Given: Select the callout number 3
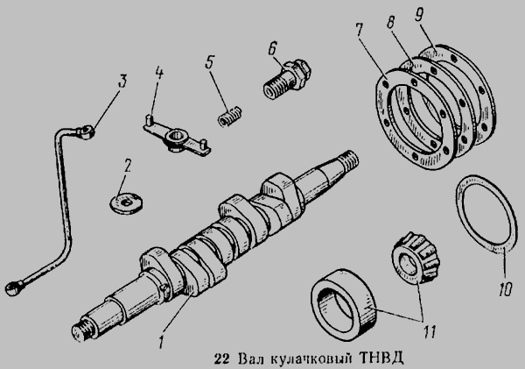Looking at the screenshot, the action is pyautogui.click(x=122, y=82).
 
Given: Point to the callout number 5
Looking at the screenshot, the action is pyautogui.click(x=209, y=61).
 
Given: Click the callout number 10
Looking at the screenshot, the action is pyautogui.click(x=505, y=288).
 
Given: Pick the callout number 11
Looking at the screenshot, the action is pyautogui.click(x=430, y=332).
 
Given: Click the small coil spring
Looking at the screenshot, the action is pyautogui.click(x=229, y=116).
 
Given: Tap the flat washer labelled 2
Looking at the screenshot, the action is pyautogui.click(x=126, y=202).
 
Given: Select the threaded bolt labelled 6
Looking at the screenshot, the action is pyautogui.click(x=287, y=79).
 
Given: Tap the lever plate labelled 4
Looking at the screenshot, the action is pyautogui.click(x=177, y=137).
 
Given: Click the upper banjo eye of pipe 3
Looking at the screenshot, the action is pyautogui.click(x=87, y=131).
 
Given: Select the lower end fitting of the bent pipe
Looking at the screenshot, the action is pyautogui.click(x=14, y=287).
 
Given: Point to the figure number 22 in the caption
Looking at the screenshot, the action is pyautogui.click(x=221, y=358).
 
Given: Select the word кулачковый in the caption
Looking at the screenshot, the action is pyautogui.click(x=311, y=359).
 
